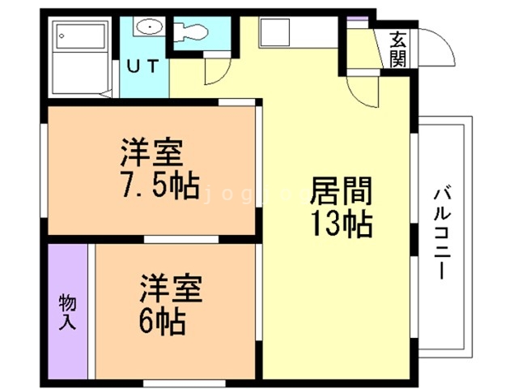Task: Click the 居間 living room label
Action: click(x=341, y=192)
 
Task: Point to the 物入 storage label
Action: click(x=68, y=312)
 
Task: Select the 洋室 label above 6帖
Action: click(x=171, y=288)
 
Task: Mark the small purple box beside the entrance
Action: click(x=357, y=19)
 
